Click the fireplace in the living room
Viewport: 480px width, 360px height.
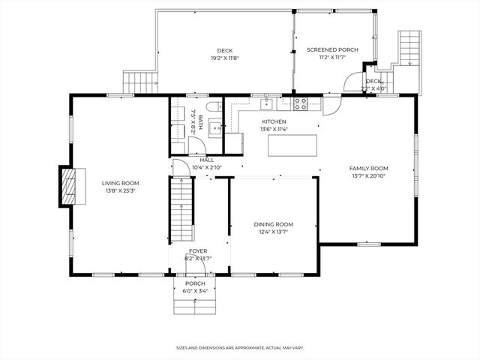(68, 184)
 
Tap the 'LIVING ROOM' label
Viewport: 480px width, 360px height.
(121, 183)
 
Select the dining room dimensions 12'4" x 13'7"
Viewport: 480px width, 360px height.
(273, 232)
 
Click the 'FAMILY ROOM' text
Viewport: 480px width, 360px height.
(368, 168)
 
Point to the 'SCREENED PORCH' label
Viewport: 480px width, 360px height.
(332, 50)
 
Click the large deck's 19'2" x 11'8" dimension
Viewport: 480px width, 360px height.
(225, 58)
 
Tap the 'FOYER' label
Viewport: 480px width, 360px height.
(198, 251)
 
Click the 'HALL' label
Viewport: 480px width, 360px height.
(207, 160)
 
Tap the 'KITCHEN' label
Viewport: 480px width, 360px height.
(274, 121)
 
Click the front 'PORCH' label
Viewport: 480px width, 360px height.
(195, 283)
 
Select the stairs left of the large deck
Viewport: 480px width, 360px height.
(139, 82)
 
